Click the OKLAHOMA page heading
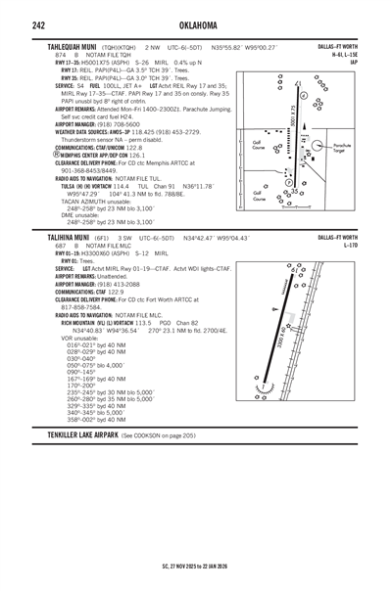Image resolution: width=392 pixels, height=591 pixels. (x=195, y=25)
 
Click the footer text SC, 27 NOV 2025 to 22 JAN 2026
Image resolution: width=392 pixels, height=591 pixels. (x=196, y=565)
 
